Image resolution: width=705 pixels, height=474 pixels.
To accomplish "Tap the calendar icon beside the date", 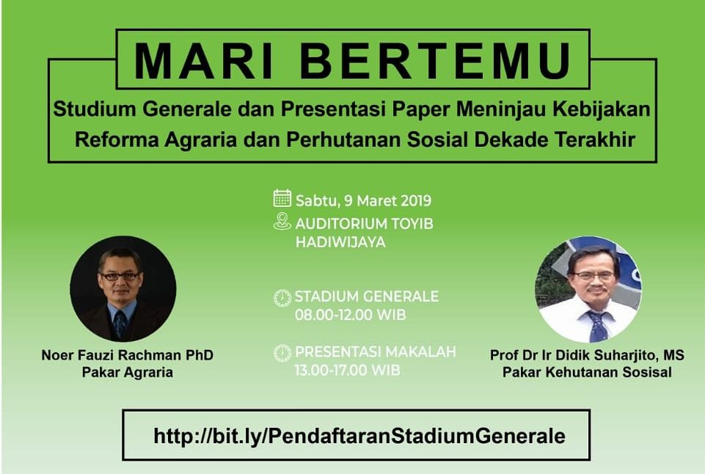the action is click(x=282, y=198).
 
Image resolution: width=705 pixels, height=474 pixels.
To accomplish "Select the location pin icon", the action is click(x=282, y=222).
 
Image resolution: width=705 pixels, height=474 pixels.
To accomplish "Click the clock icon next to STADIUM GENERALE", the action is click(x=282, y=298).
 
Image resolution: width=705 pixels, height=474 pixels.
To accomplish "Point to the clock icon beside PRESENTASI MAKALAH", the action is click(x=282, y=354).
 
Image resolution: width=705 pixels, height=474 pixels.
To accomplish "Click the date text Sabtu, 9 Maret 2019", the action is click(x=363, y=201).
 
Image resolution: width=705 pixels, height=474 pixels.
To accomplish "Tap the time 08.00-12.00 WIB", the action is click(x=350, y=315).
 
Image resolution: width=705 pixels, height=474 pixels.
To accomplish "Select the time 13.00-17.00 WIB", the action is click(x=347, y=371).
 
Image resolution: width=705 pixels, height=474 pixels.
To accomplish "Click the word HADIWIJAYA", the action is click(x=340, y=242).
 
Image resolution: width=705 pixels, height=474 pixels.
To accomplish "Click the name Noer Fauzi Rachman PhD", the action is click(x=127, y=355).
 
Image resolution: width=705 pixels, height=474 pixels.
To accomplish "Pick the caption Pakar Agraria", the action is click(x=127, y=372).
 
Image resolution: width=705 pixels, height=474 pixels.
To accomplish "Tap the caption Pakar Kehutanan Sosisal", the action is click(x=587, y=372).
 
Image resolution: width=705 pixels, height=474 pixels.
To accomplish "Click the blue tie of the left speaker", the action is click(x=120, y=324).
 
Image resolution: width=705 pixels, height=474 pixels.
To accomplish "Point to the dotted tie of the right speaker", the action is click(x=598, y=327).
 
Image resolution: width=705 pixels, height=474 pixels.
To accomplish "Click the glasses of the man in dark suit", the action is click(x=120, y=276).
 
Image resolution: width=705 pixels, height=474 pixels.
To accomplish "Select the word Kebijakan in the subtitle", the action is click(x=602, y=109).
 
